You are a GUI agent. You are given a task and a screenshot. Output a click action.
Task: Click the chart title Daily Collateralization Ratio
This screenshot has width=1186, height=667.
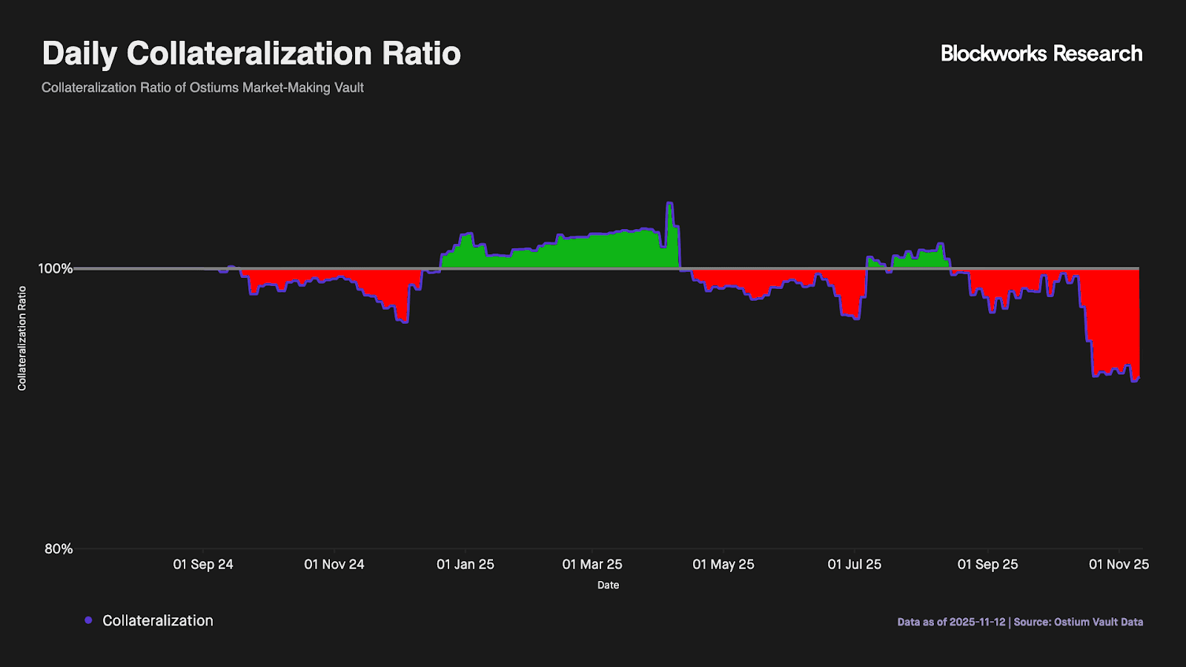coord(251,54)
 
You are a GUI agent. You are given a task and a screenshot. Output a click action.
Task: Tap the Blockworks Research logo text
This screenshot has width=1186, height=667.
coord(1041,54)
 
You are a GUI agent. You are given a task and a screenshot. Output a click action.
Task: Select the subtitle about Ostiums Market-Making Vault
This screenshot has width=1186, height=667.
coord(202,87)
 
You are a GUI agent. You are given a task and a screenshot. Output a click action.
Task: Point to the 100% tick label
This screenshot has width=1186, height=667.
coord(56,268)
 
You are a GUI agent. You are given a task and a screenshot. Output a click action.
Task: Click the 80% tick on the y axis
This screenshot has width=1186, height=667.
coord(59,549)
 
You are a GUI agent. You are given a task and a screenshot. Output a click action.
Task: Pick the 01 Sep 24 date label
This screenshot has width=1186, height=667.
coord(203,565)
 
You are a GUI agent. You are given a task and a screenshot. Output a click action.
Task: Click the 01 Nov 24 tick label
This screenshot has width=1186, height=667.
coord(334,565)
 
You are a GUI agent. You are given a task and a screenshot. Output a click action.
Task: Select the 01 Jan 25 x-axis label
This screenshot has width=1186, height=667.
coord(466,565)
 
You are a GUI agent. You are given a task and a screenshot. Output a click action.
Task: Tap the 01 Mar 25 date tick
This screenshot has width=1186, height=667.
coord(592,565)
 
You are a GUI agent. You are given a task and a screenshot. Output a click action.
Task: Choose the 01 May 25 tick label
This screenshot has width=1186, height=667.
coord(723,565)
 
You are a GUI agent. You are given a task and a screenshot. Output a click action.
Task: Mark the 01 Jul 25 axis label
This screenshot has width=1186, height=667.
coord(855,565)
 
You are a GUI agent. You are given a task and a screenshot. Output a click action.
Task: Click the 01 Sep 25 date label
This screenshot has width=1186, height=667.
coord(987,565)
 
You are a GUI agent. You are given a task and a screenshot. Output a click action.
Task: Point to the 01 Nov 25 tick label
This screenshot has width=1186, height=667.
coord(1119,565)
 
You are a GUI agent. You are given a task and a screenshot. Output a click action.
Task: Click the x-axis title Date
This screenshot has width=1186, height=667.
coord(608,585)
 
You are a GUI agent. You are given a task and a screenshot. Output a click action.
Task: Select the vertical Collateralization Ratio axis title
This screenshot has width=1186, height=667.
coord(22,338)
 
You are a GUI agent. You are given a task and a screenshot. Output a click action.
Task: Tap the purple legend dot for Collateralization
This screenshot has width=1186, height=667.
coord(88,620)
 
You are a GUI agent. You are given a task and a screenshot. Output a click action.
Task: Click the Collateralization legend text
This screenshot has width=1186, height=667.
coord(158,621)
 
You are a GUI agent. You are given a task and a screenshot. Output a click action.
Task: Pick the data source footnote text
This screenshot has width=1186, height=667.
coord(1020,622)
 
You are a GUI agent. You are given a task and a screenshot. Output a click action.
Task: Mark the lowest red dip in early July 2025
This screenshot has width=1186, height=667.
coord(857,318)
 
